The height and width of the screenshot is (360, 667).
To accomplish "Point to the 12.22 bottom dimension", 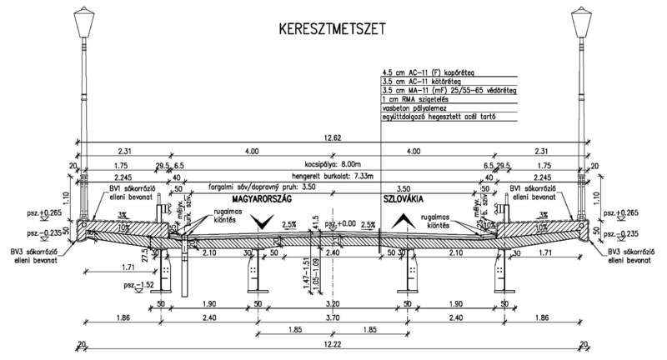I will [x=333, y=344].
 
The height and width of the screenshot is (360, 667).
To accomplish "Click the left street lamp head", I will [x=84, y=22].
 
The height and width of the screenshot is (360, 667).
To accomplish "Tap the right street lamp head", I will [x=582, y=22].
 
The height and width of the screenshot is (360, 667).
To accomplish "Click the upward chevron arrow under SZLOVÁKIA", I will [x=403, y=221].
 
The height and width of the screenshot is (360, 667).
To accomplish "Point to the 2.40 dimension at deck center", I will [x=333, y=253].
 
